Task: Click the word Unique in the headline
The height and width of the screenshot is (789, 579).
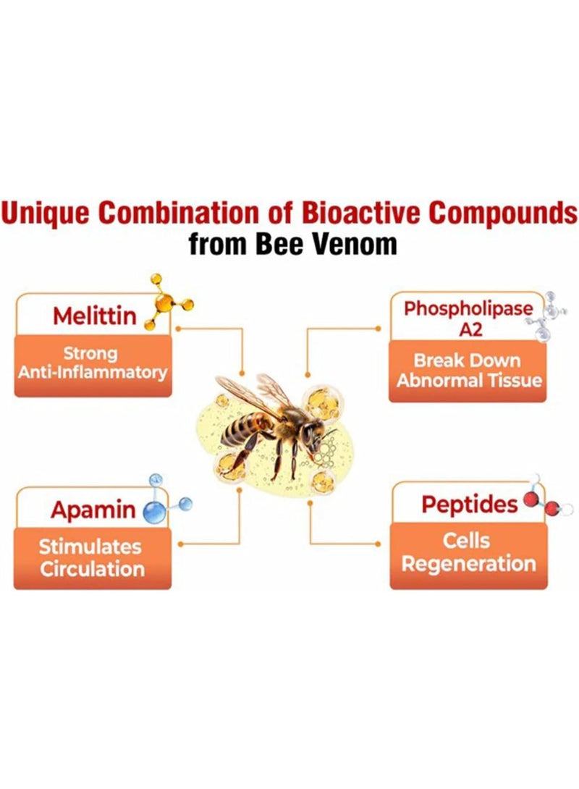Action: click(46, 213)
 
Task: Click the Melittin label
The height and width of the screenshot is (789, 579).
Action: click(95, 316)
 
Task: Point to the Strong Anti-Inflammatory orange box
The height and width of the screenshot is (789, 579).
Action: click(93, 366)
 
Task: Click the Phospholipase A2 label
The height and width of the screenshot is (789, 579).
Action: click(468, 318)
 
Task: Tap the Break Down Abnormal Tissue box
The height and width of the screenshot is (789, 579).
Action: click(468, 371)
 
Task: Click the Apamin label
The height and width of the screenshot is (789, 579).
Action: click(93, 510)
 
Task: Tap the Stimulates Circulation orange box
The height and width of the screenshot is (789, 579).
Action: click(93, 558)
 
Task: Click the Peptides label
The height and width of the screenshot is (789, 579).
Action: click(469, 505)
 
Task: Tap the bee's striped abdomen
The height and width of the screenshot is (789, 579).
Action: click(245, 428)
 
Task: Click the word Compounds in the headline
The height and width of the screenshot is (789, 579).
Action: click(502, 213)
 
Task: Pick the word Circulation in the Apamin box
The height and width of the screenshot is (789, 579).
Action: click(92, 569)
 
